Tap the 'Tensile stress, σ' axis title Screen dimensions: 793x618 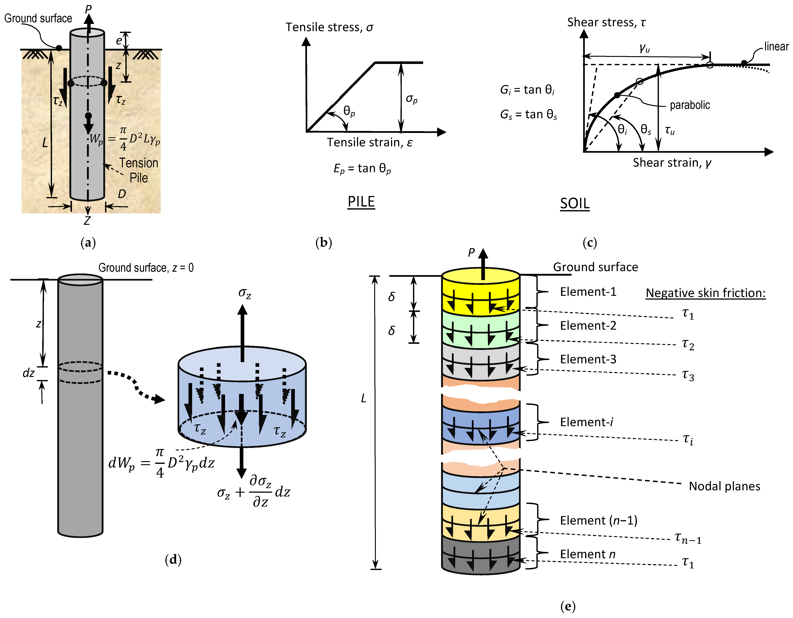tap(329, 27)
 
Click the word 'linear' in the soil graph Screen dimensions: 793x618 tap(776, 46)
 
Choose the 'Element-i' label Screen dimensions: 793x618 tap(586, 422)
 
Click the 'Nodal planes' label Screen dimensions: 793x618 tap(724, 486)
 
